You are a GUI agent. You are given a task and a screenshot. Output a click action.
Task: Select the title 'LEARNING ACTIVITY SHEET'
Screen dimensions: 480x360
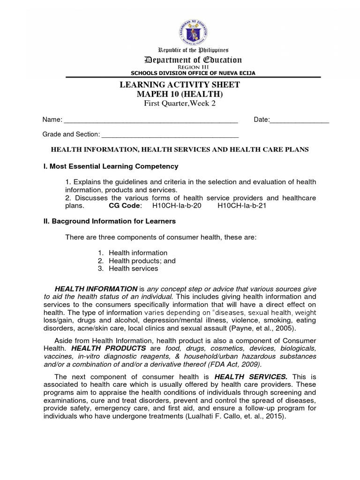(x=180, y=85)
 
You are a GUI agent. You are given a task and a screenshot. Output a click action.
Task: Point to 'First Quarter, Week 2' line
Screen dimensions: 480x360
(x=180, y=104)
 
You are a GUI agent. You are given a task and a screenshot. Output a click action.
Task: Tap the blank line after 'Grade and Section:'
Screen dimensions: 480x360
(x=170, y=135)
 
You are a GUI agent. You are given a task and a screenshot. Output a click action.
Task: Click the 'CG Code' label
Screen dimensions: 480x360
(x=122, y=205)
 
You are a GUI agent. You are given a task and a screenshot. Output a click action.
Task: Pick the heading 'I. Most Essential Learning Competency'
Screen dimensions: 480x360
(x=111, y=166)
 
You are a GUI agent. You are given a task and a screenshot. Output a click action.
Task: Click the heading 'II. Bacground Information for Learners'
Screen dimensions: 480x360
(x=109, y=221)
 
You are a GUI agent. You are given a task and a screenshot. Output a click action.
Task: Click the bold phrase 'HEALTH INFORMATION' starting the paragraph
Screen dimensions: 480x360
(x=96, y=289)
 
